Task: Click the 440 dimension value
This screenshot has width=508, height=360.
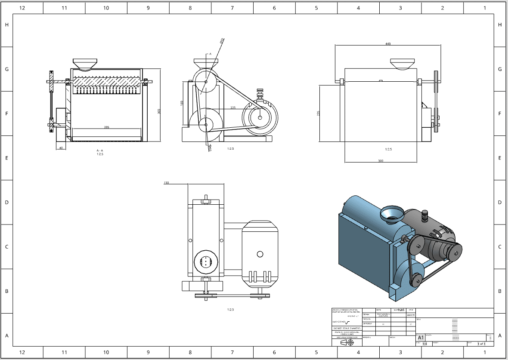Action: (x=388, y=44)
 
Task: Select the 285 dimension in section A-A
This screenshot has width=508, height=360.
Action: (x=106, y=127)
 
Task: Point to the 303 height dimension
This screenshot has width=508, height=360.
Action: (x=159, y=111)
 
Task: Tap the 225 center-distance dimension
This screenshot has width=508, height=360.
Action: (x=233, y=108)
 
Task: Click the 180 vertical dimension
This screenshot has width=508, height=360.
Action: (x=182, y=103)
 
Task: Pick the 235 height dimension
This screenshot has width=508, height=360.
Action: (x=319, y=113)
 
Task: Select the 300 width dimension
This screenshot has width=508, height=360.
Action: (x=381, y=161)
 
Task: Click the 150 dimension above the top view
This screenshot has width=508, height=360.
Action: (x=166, y=183)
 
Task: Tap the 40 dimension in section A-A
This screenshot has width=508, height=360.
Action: (x=61, y=148)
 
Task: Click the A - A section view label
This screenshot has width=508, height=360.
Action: (x=100, y=151)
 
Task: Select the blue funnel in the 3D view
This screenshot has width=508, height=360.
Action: (x=392, y=214)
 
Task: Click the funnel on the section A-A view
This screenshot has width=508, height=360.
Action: (x=84, y=64)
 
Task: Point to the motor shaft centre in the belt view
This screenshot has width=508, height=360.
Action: (x=260, y=117)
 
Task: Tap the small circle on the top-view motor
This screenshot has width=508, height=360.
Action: (x=260, y=254)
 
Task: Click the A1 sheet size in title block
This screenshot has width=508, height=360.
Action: (x=421, y=338)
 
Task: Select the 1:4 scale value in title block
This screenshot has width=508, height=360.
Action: (x=424, y=344)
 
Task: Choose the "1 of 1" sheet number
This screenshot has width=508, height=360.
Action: (x=481, y=344)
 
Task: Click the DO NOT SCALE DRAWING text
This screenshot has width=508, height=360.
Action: (x=347, y=328)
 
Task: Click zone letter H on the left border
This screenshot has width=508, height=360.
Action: (x=6, y=25)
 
